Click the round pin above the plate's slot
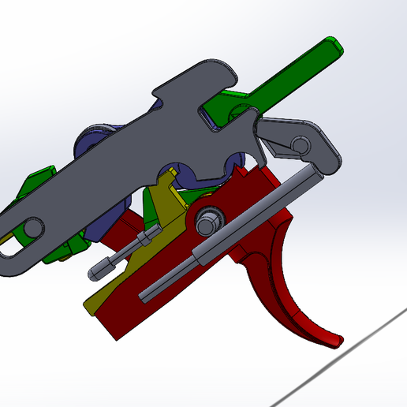(x=31, y=228)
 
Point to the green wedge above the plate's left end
(x=35, y=178)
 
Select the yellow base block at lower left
(x=110, y=296)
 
